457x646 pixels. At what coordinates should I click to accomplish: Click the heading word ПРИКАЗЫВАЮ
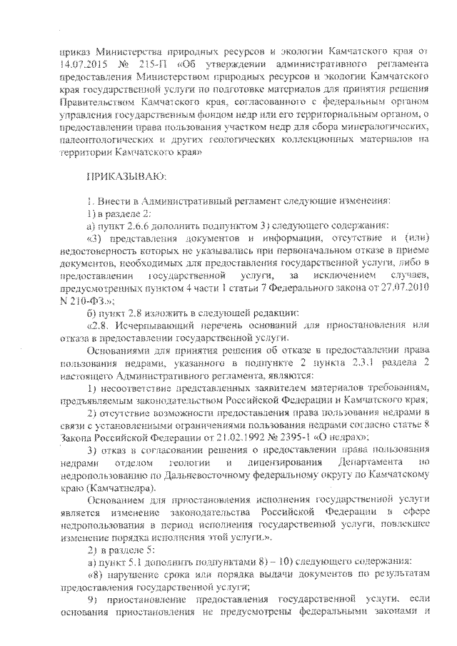125,175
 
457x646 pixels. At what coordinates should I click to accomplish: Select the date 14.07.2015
82,64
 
